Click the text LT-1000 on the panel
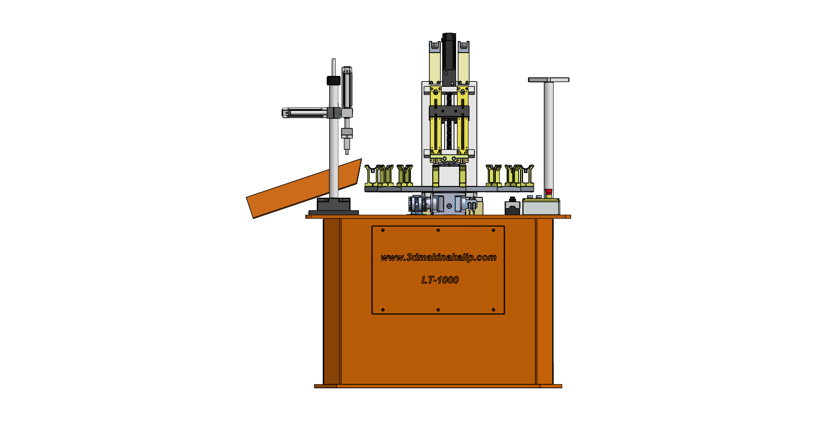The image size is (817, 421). point(440,280)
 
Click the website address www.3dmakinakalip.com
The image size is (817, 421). point(438,257)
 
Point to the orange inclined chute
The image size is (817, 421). point(304,188)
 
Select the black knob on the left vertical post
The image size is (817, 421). point(333,80)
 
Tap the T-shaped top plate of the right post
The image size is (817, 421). point(549,79)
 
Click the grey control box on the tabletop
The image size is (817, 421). point(541,206)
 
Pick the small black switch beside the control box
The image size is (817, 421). point(513,206)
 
